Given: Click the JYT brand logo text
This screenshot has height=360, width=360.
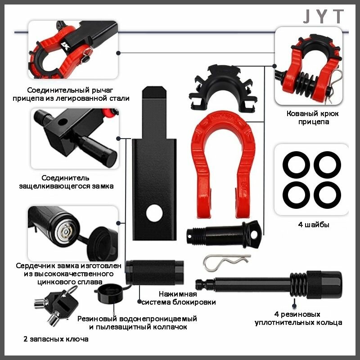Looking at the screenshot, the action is tap(324, 16).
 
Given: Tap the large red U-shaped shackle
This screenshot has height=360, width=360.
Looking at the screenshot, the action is tap(200, 161).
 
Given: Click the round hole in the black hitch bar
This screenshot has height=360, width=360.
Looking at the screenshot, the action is tap(154, 213).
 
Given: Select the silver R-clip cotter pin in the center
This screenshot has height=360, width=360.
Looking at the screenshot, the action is tap(226, 262).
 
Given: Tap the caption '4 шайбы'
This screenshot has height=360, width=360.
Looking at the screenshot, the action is tap(313, 224).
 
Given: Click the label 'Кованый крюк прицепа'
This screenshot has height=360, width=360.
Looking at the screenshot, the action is tap(312, 117).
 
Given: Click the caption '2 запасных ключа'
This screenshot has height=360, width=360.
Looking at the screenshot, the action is tap(56, 339).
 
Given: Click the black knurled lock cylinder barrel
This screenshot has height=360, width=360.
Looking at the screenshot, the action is tap(154, 272).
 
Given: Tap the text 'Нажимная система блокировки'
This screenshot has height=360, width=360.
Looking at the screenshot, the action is tap(178, 298).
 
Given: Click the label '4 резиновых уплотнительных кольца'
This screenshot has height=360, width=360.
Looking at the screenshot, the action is tap(298, 318).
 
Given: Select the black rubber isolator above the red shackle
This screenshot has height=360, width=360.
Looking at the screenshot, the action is tap(223, 88).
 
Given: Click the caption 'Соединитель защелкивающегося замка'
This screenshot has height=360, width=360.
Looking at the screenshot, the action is tap(66, 182).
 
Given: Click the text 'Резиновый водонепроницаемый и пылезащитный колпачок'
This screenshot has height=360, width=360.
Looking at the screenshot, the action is tap(137, 323).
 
